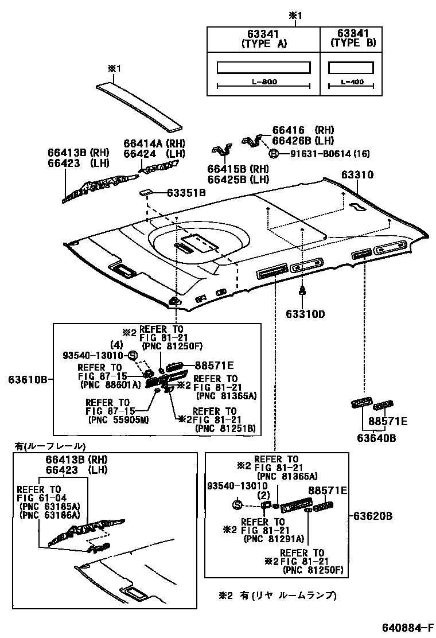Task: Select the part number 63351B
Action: click(186, 193)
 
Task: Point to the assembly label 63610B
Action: click(27, 380)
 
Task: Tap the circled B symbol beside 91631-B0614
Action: click(274, 153)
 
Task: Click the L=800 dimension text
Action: click(264, 82)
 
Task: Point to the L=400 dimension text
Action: click(352, 82)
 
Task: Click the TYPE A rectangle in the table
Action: click(263, 68)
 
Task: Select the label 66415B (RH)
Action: click(238, 169)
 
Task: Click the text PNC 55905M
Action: click(116, 419)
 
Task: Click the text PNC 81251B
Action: click(225, 428)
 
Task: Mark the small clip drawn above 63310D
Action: click(302, 291)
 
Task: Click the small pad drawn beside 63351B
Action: click(146, 192)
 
